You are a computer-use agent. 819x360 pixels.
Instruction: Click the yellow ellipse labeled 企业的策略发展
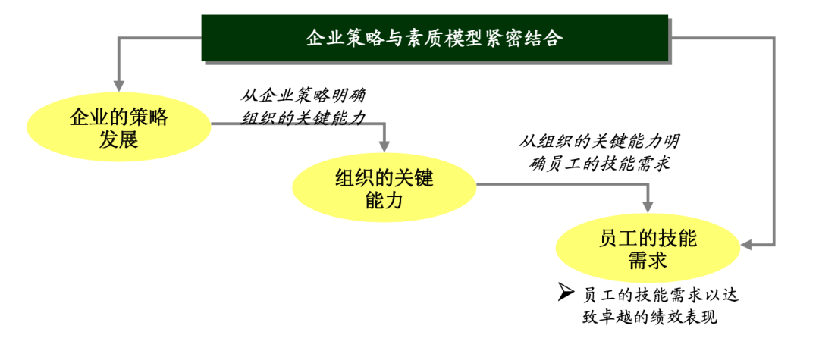click(x=118, y=128)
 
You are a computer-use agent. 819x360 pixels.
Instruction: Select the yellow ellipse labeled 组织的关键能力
click(x=384, y=189)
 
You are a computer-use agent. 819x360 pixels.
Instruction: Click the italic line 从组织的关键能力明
click(x=599, y=141)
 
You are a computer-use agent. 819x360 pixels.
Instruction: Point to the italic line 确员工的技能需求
click(x=600, y=163)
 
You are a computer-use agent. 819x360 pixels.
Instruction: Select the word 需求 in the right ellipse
click(x=647, y=261)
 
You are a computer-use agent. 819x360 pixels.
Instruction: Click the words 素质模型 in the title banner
click(x=452, y=38)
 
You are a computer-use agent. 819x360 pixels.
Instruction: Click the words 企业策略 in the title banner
click(x=342, y=38)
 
